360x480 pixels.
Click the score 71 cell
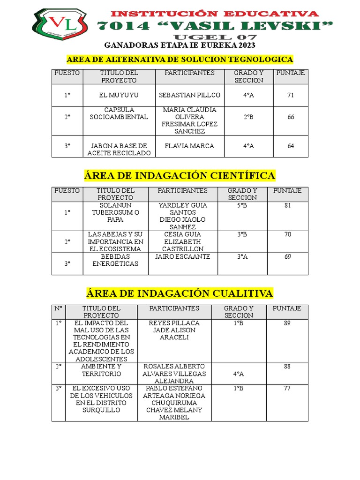291,95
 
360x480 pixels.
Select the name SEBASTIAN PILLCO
189,95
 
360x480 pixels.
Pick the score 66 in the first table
291,117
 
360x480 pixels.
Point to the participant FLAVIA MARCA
189,146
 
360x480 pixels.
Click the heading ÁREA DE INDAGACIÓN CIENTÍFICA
180,176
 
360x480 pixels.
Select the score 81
288,205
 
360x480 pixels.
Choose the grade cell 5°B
242,205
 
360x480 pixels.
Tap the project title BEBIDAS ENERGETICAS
115,260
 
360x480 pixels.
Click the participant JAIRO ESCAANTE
183,257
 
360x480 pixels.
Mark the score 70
288,234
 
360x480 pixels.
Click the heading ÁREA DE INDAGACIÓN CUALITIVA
180,293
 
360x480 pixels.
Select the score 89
287,323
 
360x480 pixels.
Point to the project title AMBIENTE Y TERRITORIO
101,370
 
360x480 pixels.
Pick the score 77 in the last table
287,388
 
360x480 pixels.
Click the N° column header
59,308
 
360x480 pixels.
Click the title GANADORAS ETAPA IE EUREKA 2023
180,45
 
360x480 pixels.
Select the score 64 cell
291,146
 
